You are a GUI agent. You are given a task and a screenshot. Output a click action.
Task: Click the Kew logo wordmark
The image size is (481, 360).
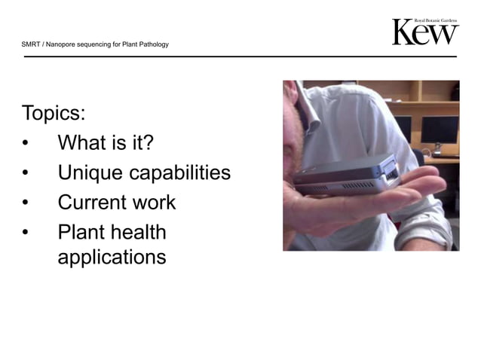425,33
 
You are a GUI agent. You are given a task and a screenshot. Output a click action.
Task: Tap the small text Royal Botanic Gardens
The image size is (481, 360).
437,20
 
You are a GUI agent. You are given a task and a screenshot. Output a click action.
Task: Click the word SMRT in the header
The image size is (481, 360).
30,44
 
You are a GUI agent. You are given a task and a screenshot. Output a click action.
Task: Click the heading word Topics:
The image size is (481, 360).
54,114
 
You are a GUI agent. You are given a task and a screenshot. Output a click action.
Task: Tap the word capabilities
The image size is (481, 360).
179,172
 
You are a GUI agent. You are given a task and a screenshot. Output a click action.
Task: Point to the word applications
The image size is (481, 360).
112,258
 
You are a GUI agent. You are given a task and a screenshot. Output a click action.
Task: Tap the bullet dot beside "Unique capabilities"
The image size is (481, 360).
27,174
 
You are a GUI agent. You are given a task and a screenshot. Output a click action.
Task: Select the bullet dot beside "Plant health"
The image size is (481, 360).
27,233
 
